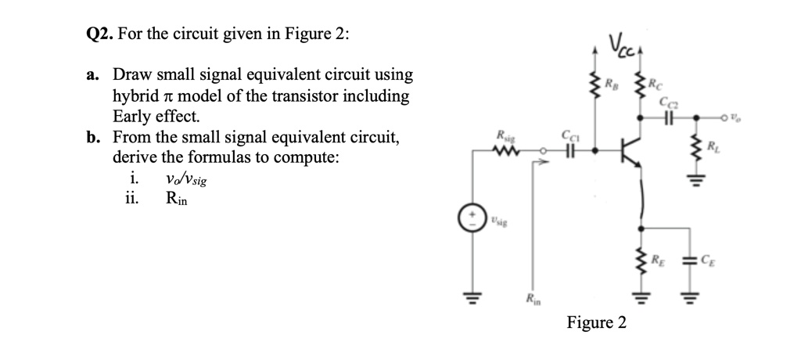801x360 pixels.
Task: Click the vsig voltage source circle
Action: click(470, 218)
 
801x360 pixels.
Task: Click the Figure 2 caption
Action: click(596, 323)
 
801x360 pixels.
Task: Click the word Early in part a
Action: click(133, 117)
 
